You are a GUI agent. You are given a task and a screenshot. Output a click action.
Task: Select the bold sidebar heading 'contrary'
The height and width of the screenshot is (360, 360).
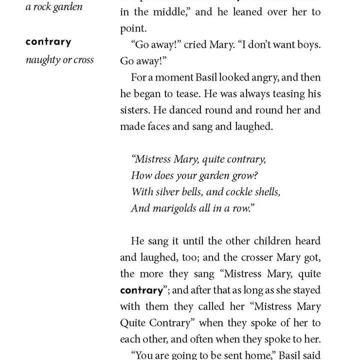pos(48,41)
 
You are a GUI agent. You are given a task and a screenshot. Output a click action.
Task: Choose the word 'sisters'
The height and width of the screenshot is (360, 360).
pos(136,110)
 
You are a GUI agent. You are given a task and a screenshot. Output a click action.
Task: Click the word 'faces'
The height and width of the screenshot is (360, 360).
pos(163,126)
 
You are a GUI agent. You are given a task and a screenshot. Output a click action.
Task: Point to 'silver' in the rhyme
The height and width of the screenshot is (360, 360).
pos(169,192)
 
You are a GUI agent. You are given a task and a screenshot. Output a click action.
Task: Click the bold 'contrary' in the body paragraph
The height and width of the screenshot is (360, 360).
pos(141,290)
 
